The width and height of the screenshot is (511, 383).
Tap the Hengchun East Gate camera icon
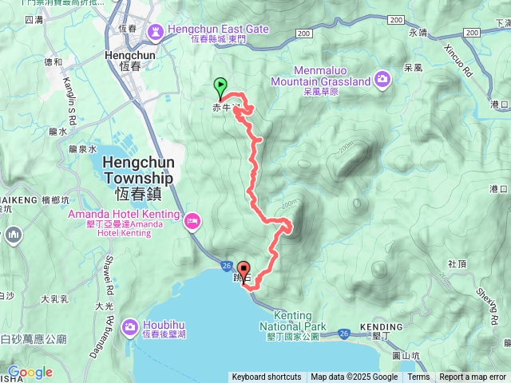click(x=155, y=32)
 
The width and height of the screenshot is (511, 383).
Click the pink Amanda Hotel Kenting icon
click(x=192, y=220)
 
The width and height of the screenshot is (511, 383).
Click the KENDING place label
click(x=381, y=327)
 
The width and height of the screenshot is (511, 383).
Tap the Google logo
click(x=30, y=372)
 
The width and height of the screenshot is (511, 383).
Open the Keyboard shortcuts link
click(x=267, y=377)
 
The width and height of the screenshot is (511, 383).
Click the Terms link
click(x=418, y=377)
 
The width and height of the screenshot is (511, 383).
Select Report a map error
click(x=473, y=377)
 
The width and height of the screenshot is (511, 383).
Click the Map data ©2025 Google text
click(x=354, y=377)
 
